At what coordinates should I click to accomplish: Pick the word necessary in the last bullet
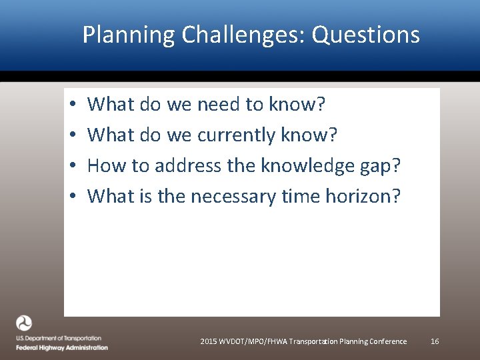pyautogui.click(x=233, y=197)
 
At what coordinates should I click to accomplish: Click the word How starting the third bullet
pyautogui.click(x=102, y=165)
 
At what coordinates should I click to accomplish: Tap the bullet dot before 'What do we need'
pyautogui.click(x=70, y=105)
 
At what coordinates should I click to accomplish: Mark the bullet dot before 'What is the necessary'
pyautogui.click(x=70, y=197)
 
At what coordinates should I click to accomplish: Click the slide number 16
pyautogui.click(x=435, y=341)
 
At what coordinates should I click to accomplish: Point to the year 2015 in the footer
pyautogui.click(x=208, y=341)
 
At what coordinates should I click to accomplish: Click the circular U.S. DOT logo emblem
pyautogui.click(x=24, y=323)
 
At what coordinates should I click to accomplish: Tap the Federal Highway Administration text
pyautogui.click(x=62, y=347)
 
